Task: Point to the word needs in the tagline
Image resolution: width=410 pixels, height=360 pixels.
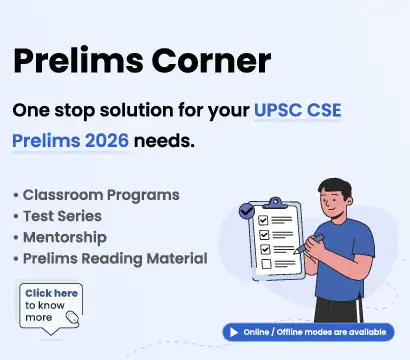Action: [x=163, y=140]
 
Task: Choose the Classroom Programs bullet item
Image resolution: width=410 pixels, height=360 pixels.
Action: [x=102, y=194]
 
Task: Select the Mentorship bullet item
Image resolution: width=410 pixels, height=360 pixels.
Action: [x=69, y=237]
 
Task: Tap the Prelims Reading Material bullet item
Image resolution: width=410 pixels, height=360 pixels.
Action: [x=115, y=259]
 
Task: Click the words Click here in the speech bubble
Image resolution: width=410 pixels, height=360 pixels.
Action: [x=51, y=292]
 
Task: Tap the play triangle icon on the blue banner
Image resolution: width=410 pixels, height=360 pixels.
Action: [x=233, y=331]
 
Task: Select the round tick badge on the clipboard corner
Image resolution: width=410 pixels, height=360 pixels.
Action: [x=246, y=212]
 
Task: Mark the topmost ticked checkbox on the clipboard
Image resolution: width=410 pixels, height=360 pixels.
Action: [x=263, y=220]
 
